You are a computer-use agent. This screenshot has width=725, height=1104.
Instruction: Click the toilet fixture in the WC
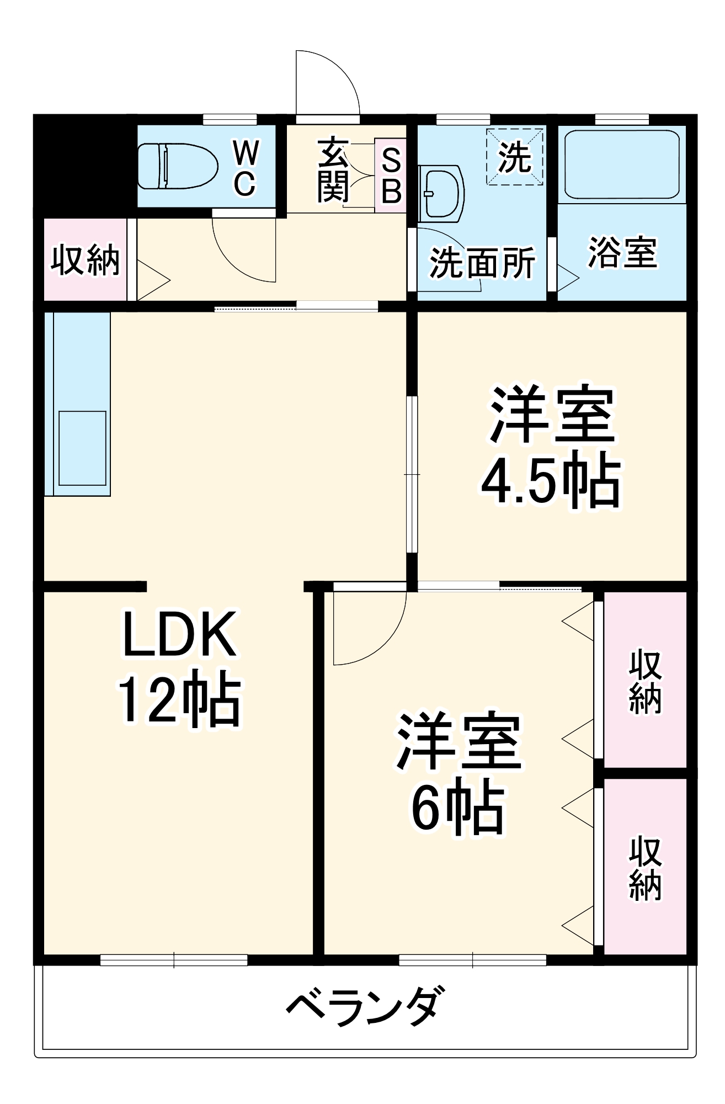[x=177, y=166]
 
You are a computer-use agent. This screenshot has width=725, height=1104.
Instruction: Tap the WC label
[x=246, y=168]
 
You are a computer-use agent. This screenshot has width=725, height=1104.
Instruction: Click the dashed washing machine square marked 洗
[x=514, y=157]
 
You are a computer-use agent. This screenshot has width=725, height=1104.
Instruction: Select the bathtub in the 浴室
[x=622, y=164]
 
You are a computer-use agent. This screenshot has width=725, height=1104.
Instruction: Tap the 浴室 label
[x=622, y=253]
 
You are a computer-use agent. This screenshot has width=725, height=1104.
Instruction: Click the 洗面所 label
[x=482, y=263]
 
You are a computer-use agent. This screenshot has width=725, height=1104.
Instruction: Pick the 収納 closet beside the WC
[x=86, y=259]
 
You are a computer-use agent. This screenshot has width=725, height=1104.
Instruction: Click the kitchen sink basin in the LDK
[x=82, y=448]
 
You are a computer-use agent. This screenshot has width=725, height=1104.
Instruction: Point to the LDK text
[x=179, y=634]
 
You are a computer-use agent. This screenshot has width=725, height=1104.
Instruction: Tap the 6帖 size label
[x=458, y=808]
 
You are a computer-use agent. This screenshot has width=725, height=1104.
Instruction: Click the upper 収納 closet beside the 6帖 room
[x=645, y=682]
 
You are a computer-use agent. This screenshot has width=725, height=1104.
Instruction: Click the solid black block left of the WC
[x=86, y=166]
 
